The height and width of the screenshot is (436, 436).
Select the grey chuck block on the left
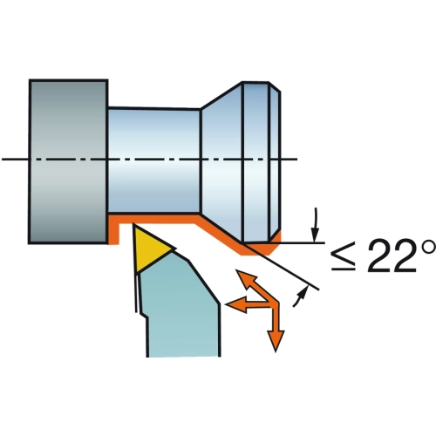69,161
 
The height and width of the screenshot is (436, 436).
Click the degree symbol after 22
428,246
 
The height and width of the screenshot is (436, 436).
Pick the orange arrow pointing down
276,326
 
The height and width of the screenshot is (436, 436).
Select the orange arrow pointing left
247,304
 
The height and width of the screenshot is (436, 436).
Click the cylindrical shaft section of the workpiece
154,160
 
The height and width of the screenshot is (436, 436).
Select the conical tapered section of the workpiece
221,161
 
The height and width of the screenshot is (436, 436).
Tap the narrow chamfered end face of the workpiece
276,161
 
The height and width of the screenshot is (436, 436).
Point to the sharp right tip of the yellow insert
176,249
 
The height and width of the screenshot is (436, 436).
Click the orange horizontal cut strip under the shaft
154,219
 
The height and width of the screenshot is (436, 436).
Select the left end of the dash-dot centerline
2,160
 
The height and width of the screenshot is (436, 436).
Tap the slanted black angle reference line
281,267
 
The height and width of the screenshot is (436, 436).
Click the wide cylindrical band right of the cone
255,161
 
